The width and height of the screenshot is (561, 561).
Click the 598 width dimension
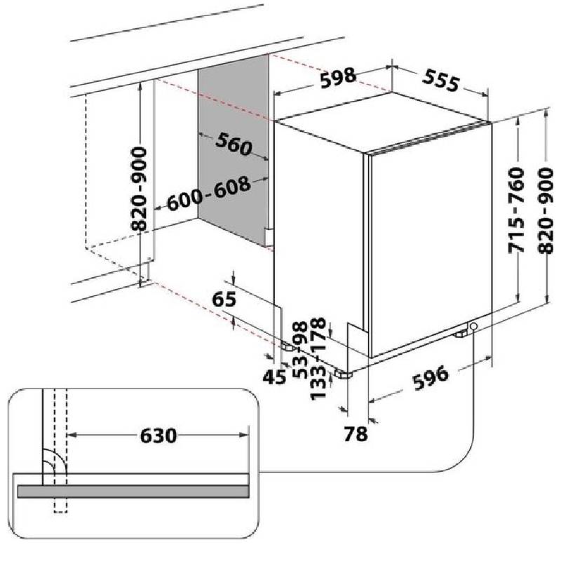tap(338, 79)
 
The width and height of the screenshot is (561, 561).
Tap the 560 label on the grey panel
tap(234, 145)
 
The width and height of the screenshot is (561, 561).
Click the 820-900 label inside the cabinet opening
tap(140, 189)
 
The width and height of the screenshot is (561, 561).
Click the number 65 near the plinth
tap(223, 299)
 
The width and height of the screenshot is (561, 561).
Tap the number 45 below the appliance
tap(275, 377)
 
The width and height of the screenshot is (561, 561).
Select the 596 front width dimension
tap(430, 379)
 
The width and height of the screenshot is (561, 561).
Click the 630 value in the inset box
tap(157, 435)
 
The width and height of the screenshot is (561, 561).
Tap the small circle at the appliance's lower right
tap(473, 327)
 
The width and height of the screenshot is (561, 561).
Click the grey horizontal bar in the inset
tap(133, 492)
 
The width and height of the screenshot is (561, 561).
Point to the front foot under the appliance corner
tap(344, 374)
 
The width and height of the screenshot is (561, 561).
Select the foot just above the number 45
tap(289, 346)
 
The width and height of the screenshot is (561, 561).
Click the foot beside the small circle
tap(461, 334)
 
